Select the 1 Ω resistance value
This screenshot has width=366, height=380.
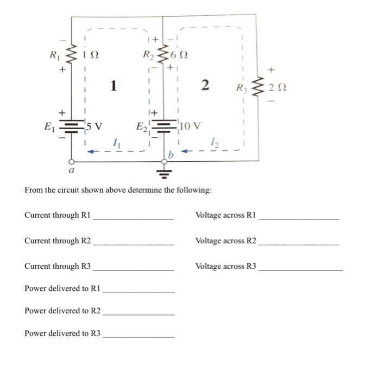coord(91,55)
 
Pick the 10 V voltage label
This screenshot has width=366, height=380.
coord(190,126)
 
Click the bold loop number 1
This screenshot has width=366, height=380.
coord(113,86)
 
